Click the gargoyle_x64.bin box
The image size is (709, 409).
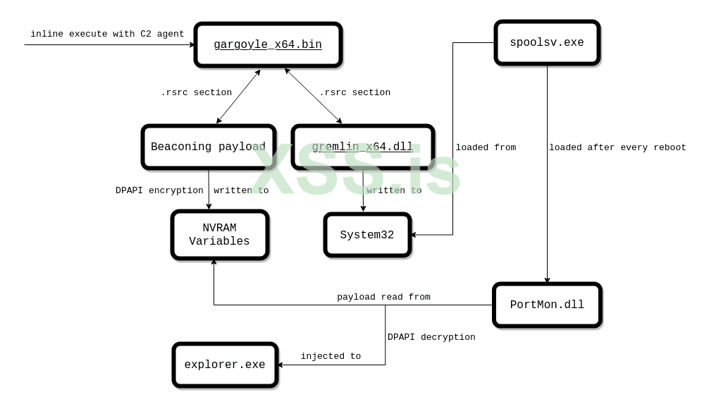(x=268, y=45)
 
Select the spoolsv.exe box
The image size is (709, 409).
(x=547, y=43)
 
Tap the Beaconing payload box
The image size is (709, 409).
(x=208, y=147)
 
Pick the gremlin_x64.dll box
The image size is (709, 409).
(x=362, y=147)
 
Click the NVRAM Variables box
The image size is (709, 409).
(x=220, y=235)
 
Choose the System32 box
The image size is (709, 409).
(x=367, y=235)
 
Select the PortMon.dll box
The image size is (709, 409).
(x=547, y=305)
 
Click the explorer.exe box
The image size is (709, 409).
(x=225, y=365)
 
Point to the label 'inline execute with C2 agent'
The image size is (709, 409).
(x=107, y=34)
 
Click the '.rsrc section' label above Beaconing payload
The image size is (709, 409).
(x=196, y=92)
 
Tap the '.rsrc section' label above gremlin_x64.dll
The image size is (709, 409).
(x=354, y=92)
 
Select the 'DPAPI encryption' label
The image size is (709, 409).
(x=159, y=190)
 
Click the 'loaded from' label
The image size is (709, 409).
(x=486, y=147)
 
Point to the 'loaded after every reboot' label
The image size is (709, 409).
(x=617, y=147)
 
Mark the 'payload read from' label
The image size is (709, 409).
(x=383, y=297)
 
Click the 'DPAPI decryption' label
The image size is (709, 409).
(x=431, y=337)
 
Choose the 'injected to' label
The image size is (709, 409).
(x=331, y=356)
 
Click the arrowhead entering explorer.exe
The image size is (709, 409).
(x=280, y=365)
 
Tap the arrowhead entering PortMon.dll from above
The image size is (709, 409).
(x=547, y=281)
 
